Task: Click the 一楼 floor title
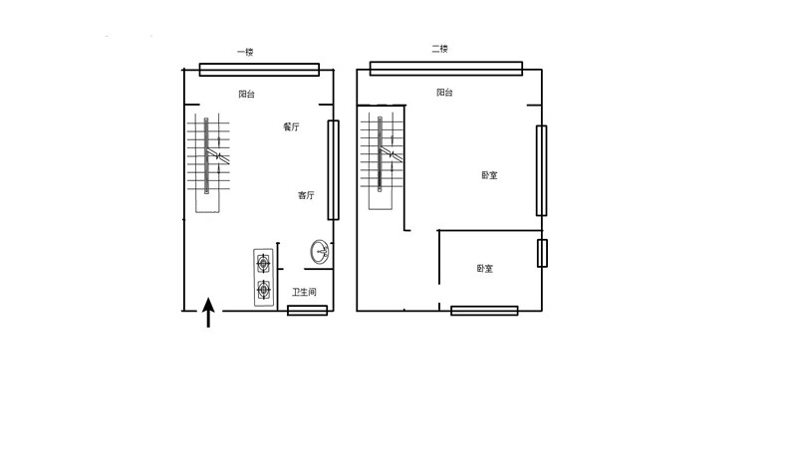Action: [245, 52]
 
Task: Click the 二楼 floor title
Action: [439, 49]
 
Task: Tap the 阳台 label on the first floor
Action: [246, 94]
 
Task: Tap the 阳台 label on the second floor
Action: [444, 93]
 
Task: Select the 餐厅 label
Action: [291, 127]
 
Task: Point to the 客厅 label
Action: [306, 195]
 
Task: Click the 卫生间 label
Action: [304, 292]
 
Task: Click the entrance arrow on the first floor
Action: [208, 313]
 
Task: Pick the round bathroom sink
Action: [320, 252]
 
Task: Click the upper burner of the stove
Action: [263, 263]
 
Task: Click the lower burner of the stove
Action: [263, 290]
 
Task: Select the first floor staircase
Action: [208, 162]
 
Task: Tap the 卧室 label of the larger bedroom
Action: [489, 175]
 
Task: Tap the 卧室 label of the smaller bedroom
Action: [485, 268]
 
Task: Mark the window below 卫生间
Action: [307, 310]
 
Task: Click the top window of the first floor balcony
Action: [259, 70]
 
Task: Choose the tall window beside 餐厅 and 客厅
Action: [333, 169]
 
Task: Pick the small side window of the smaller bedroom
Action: [542, 253]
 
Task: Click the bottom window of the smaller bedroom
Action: [484, 311]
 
